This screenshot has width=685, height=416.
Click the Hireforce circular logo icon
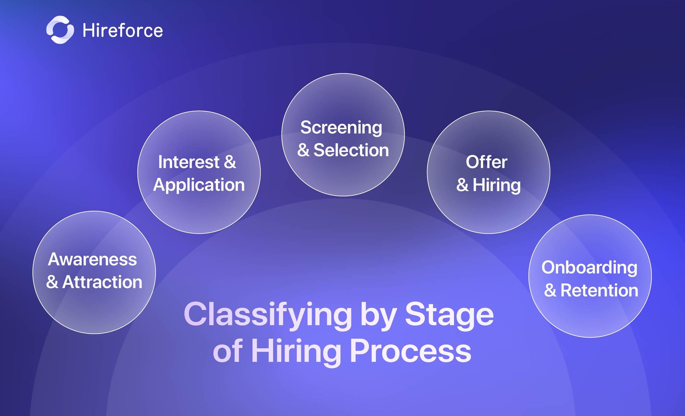60,30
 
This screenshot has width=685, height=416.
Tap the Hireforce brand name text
123,30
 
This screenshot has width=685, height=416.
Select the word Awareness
92,259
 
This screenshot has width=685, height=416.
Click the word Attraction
102,282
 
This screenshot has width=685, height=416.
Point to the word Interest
189,162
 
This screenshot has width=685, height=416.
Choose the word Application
199,185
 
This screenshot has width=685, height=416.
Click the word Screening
341,128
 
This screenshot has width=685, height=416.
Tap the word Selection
351,150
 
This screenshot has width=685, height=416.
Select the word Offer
487,162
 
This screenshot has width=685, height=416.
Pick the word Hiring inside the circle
497,185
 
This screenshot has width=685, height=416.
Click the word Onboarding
589,268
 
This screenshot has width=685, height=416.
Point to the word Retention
599,290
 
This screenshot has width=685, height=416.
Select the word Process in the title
410,351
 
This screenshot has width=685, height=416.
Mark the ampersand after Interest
230,162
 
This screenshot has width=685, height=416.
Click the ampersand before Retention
550,290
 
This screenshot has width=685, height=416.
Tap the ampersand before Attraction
52,282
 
